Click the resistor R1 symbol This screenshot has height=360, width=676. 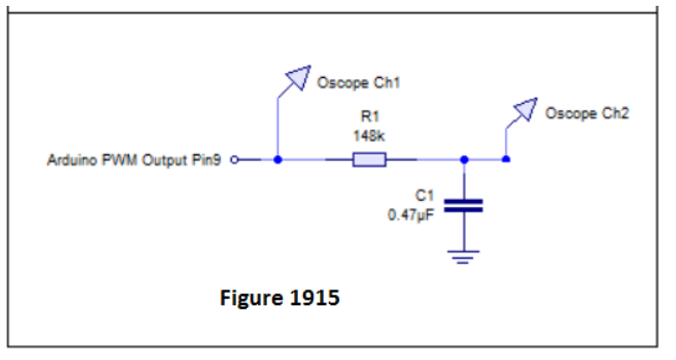369,159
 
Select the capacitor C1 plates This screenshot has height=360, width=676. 463,206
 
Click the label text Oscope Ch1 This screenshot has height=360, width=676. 358,83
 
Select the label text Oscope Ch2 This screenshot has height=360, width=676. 587,114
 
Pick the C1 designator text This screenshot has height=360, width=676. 424,195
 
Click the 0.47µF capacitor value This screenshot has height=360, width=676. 411,215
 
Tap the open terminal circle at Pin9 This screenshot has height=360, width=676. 234,160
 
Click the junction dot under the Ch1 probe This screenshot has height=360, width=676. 278,159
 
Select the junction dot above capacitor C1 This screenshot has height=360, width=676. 464,159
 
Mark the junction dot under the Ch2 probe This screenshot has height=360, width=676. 506,159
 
